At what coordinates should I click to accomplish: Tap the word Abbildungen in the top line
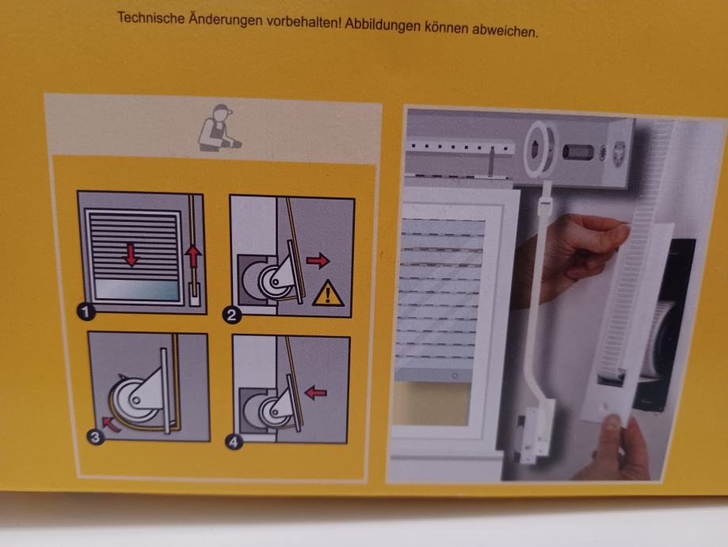point(382,25)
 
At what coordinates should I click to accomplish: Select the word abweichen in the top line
point(505,31)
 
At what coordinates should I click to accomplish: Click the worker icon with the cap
point(219,128)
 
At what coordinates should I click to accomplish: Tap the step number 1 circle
point(86,312)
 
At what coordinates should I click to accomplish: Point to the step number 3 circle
point(96,438)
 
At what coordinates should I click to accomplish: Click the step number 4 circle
point(234,442)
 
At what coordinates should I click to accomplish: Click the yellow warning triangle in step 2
point(328,294)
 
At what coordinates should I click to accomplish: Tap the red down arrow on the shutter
point(131,255)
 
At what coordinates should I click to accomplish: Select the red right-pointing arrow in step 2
point(318,261)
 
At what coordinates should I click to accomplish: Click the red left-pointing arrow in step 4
point(316,393)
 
